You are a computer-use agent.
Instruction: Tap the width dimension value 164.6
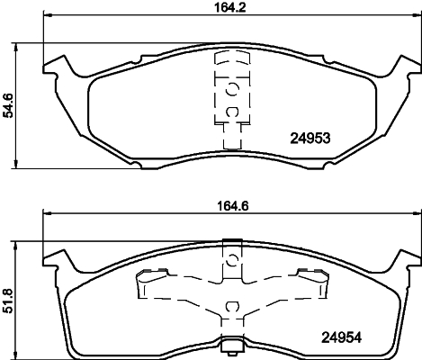(x=232, y=204)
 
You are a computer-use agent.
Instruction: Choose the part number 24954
(x=344, y=339)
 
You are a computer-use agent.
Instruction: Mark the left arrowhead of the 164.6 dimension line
(x=47, y=214)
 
